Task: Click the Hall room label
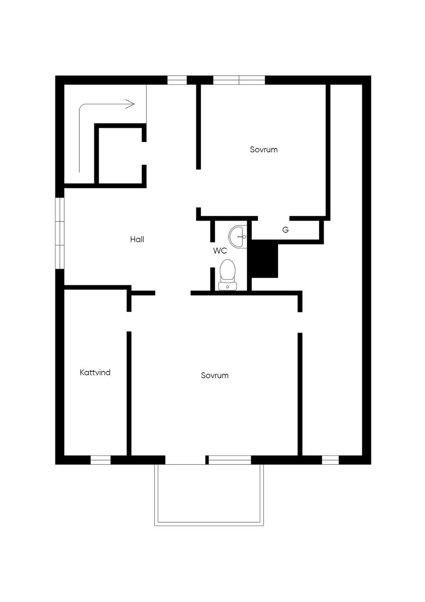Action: click(137, 239)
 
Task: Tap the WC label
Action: click(220, 251)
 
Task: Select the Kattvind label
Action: click(95, 373)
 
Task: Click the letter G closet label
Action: click(286, 230)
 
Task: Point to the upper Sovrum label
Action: click(264, 149)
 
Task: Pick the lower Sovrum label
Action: click(215, 375)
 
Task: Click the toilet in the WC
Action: click(228, 274)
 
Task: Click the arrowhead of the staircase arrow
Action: click(130, 104)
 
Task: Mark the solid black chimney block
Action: click(264, 259)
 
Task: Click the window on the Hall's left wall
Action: click(60, 233)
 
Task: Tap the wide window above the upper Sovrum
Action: click(239, 80)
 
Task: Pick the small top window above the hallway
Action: click(177, 80)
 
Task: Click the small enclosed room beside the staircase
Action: click(120, 155)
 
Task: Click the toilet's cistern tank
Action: click(228, 286)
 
